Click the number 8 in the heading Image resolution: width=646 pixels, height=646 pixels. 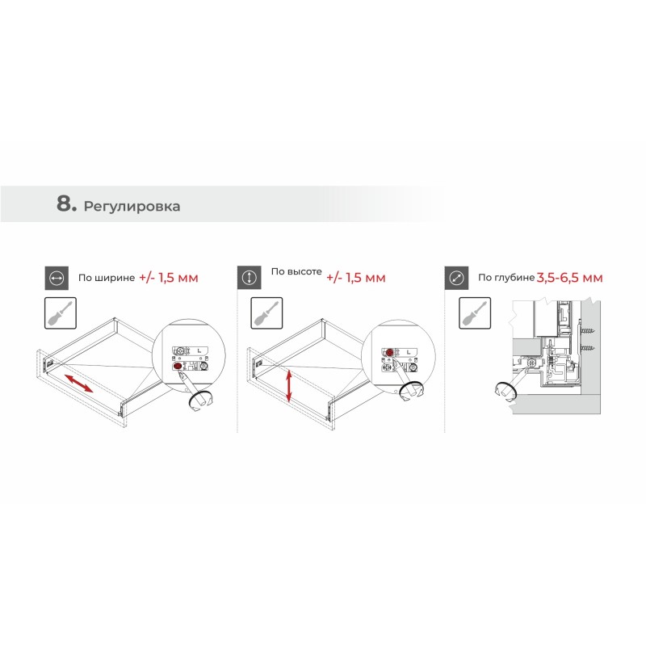pyautogui.click(x=64, y=203)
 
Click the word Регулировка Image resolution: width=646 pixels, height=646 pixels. pyautogui.click(x=132, y=206)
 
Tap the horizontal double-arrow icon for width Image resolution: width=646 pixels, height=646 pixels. pyautogui.click(x=57, y=278)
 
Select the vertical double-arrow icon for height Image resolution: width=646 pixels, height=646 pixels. pyautogui.click(x=250, y=278)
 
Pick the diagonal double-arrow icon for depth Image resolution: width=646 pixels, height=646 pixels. pyautogui.click(x=456, y=278)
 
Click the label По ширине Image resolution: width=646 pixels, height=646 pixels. pyautogui.click(x=107, y=278)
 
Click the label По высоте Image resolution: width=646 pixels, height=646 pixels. pyautogui.click(x=296, y=271)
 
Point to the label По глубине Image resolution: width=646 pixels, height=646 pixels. pyautogui.click(x=506, y=278)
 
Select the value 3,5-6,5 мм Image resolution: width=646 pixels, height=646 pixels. pyautogui.click(x=570, y=278)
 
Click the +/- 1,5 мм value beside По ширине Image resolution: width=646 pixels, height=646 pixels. pyautogui.click(x=169, y=278)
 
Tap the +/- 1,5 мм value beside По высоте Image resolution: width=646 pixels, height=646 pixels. pyautogui.click(x=356, y=278)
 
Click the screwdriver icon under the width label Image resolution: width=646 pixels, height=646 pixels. pyautogui.click(x=61, y=313)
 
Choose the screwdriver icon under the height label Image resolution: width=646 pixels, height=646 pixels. pyautogui.click(x=266, y=313)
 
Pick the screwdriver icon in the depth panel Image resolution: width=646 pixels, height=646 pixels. pyautogui.click(x=475, y=313)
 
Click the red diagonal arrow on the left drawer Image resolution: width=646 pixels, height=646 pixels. pyautogui.click(x=78, y=383)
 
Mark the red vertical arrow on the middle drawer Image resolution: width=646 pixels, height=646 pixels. pyautogui.click(x=289, y=386)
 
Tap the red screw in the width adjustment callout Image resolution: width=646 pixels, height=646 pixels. pyautogui.click(x=178, y=366)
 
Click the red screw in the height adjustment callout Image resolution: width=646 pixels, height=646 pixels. pyautogui.click(x=389, y=352)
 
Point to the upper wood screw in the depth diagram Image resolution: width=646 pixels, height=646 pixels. pyautogui.click(x=588, y=330)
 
